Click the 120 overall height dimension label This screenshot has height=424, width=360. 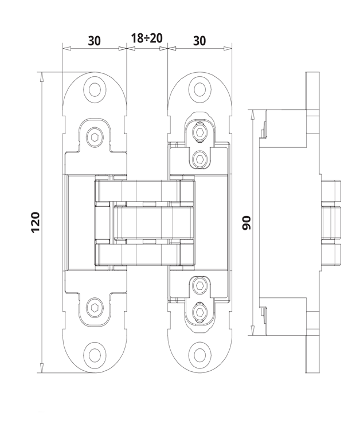pyautogui.click(x=35, y=222)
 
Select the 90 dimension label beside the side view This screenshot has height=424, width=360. pyautogui.click(x=247, y=222)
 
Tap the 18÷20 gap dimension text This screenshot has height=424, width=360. pyautogui.click(x=146, y=38)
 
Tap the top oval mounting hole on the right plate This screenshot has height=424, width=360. pyautogui.click(x=199, y=89)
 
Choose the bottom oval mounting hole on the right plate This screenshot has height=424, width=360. pyautogui.click(x=199, y=354)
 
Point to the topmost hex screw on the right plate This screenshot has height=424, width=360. pyautogui.click(x=199, y=133)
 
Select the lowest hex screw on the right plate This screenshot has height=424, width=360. pyautogui.click(x=199, y=312)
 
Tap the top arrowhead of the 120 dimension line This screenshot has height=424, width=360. pyautogui.click(x=42, y=76)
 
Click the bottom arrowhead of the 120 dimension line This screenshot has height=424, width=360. pyautogui.click(x=42, y=368)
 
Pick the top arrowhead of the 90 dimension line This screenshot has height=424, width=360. pyautogui.click(x=253, y=113)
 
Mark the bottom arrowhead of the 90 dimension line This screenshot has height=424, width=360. pyautogui.click(x=253, y=331)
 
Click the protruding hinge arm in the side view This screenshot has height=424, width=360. pyautogui.click(x=331, y=222)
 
